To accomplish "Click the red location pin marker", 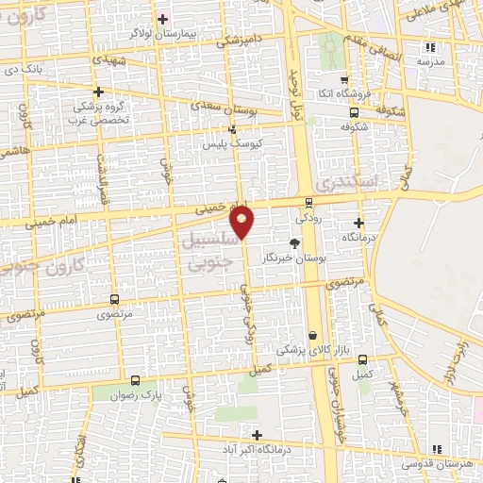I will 242,221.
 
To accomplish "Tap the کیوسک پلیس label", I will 229,145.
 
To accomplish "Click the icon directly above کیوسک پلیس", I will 232,130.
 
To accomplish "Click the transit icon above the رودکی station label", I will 309,202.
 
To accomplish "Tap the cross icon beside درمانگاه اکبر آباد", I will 257,435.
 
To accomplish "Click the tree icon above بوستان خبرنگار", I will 294,241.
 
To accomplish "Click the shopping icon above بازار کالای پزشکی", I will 312,335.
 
